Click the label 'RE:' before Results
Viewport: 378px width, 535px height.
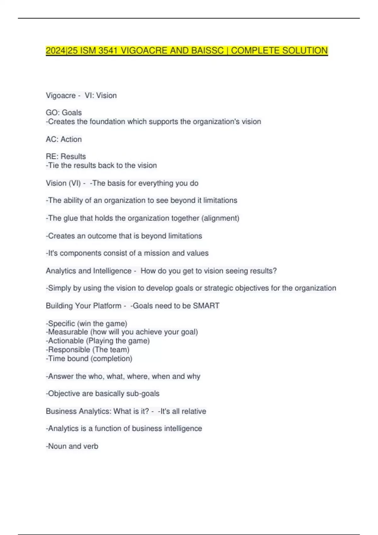(x=52, y=156)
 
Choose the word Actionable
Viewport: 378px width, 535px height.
(x=66, y=341)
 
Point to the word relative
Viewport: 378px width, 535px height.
(x=194, y=411)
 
